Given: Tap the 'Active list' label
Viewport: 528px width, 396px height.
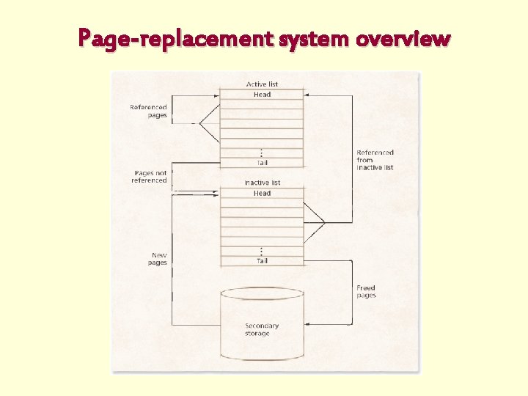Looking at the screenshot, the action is (x=262, y=84).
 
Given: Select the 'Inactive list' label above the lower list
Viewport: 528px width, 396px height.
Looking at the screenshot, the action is (x=262, y=183).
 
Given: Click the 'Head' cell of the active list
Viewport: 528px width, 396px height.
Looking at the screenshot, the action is (x=262, y=95).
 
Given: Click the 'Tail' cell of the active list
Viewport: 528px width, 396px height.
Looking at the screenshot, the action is (x=262, y=163).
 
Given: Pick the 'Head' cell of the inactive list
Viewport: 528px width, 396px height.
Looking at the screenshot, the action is (x=262, y=194).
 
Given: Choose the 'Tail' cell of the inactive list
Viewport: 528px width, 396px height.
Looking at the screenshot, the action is (x=262, y=261).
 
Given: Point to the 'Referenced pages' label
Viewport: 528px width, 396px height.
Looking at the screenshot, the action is (x=149, y=111).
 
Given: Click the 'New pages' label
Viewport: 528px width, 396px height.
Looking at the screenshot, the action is (x=158, y=259).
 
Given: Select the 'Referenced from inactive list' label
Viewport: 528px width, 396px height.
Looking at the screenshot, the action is (x=375, y=160).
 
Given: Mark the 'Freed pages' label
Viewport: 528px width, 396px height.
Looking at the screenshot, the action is (x=366, y=291).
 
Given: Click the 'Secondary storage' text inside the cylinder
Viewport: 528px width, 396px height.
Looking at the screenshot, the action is (x=262, y=330).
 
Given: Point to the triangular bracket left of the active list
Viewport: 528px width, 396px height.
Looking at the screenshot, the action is (x=210, y=123).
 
